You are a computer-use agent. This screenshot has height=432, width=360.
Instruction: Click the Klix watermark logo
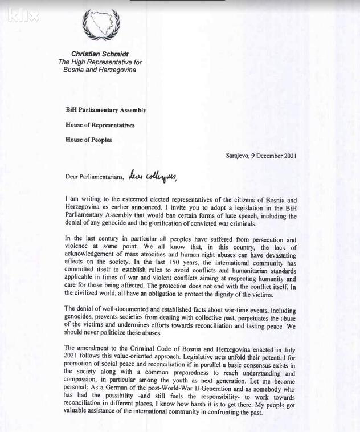[x=23, y=15]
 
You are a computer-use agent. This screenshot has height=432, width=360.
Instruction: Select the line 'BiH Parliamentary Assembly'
[x=105, y=111]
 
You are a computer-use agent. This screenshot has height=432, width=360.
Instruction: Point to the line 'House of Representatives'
[x=100, y=125]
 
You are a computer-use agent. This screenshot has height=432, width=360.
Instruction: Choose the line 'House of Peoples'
[x=88, y=140]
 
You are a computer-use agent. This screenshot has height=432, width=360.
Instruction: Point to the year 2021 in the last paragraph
[x=73, y=356]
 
